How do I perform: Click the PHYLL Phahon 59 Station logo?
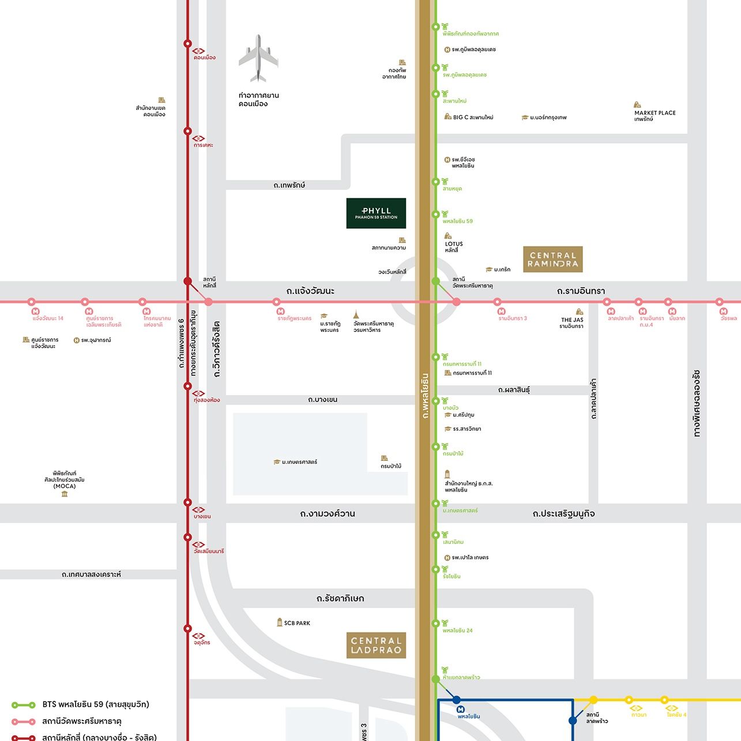[x=376, y=213]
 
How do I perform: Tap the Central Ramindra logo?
[x=552, y=259]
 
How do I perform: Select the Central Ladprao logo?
[x=376, y=645]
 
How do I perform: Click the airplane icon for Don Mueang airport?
[x=258, y=58]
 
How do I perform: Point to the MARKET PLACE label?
[x=655, y=113]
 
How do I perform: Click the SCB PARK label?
[x=297, y=623]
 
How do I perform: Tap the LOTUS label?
[x=454, y=244]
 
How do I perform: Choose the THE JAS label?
[x=572, y=320]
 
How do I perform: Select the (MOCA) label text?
[x=65, y=486]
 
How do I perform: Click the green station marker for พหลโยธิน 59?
[x=437, y=214]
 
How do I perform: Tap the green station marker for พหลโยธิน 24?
[x=437, y=623]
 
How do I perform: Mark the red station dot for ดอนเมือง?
[x=187, y=44]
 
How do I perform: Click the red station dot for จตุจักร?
[x=187, y=629]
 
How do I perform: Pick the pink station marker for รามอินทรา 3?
[x=497, y=302]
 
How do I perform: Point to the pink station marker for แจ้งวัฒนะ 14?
[x=32, y=302]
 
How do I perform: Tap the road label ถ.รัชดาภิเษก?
[x=340, y=599]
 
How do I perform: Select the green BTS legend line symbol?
[x=24, y=705]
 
